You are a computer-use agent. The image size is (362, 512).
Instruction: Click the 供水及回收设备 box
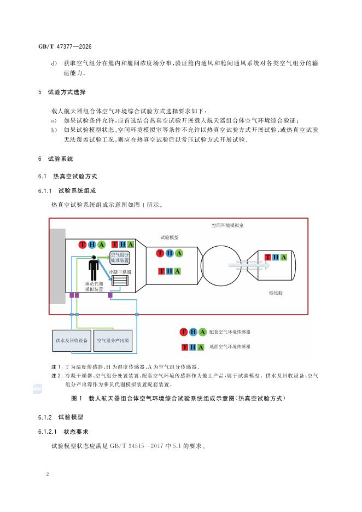click(x=72, y=341)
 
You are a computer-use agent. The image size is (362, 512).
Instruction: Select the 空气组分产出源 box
click(x=113, y=341)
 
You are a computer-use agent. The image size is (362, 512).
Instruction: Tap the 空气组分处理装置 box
click(x=120, y=258)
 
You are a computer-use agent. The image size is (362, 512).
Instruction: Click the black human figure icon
click(x=94, y=268)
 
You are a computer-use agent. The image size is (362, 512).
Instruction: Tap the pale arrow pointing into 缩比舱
click(x=249, y=265)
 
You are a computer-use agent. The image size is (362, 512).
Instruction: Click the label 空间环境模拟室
click(x=227, y=225)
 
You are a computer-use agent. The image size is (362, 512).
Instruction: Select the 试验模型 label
click(x=169, y=237)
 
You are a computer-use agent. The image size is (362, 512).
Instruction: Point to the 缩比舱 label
click(x=276, y=293)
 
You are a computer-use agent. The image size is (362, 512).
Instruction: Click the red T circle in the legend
click(x=184, y=332)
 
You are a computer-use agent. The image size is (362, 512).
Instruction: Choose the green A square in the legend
click(x=201, y=347)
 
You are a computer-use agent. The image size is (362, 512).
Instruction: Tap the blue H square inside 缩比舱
click(x=276, y=257)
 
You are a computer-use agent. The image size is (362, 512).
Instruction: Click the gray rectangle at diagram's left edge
click(x=57, y=266)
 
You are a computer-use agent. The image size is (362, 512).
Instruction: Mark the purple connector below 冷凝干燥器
click(x=110, y=295)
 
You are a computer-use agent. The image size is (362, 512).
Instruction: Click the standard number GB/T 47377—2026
click(x=65, y=46)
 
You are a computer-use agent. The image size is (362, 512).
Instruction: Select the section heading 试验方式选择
click(x=67, y=92)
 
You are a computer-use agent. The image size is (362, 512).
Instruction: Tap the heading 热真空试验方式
click(x=75, y=176)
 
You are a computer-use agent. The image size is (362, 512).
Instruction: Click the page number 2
click(x=48, y=474)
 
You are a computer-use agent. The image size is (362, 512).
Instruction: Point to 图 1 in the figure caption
click(x=77, y=398)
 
